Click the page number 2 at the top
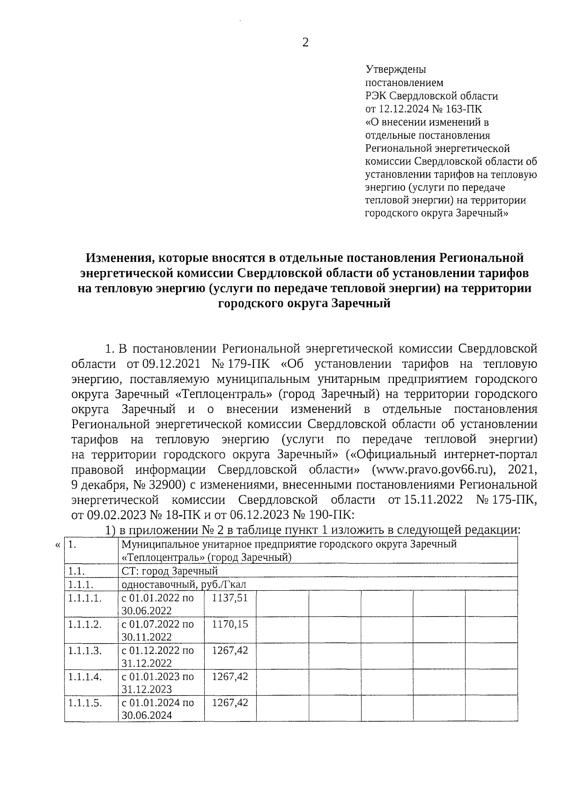(x=305, y=43)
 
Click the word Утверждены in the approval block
(x=395, y=70)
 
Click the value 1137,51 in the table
(x=229, y=598)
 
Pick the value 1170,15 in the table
(x=229, y=624)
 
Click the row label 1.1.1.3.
(x=85, y=651)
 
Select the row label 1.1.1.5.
(x=85, y=703)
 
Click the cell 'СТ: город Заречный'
(x=170, y=571)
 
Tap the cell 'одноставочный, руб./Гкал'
(x=184, y=584)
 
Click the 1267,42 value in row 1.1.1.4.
(x=229, y=676)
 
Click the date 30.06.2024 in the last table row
(x=147, y=715)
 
